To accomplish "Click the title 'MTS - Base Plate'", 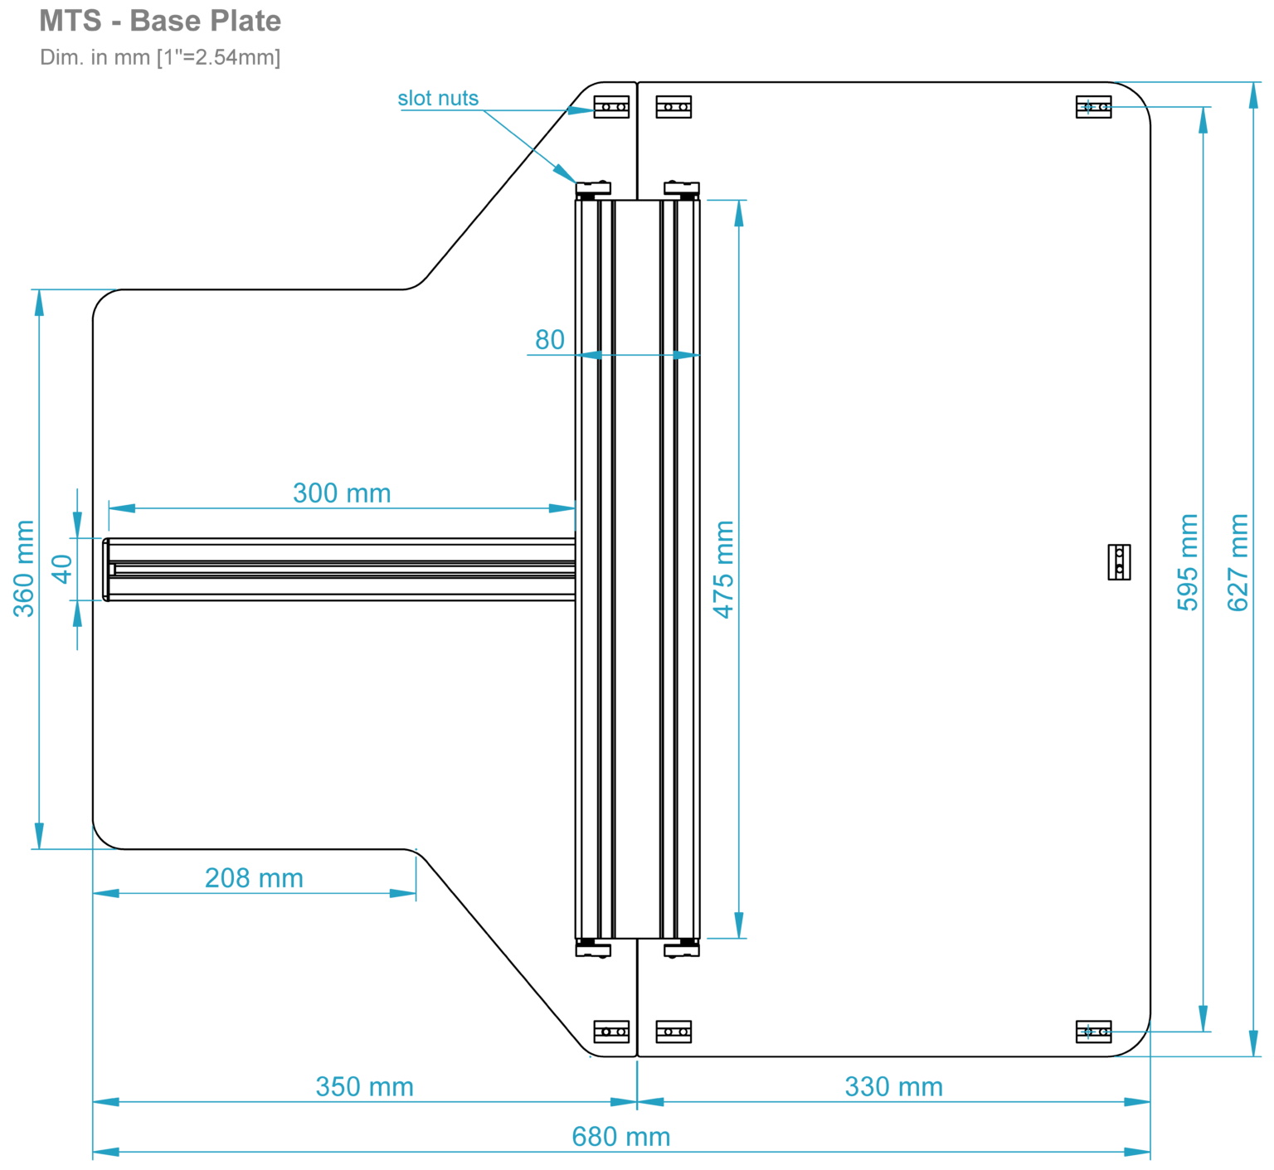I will click(160, 21).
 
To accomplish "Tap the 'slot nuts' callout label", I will click(438, 98).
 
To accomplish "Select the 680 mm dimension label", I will click(621, 1136).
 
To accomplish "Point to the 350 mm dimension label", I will click(364, 1086).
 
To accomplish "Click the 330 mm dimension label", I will click(893, 1086).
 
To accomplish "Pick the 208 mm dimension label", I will click(254, 877).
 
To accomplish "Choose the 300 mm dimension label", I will click(342, 493).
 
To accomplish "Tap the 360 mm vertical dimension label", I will click(24, 569).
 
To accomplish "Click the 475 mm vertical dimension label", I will click(724, 569).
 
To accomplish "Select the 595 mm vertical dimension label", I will click(1188, 562).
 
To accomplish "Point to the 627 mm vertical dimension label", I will click(1238, 562).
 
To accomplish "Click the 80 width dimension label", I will click(549, 340).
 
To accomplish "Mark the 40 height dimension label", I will click(62, 569).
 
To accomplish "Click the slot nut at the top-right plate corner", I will click(1093, 107).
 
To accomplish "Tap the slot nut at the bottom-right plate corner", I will click(1093, 1032).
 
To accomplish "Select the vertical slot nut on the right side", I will click(1119, 562).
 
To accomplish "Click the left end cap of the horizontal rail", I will click(106, 569).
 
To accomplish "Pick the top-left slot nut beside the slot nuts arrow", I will click(611, 107).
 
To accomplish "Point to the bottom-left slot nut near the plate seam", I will click(611, 1032).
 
